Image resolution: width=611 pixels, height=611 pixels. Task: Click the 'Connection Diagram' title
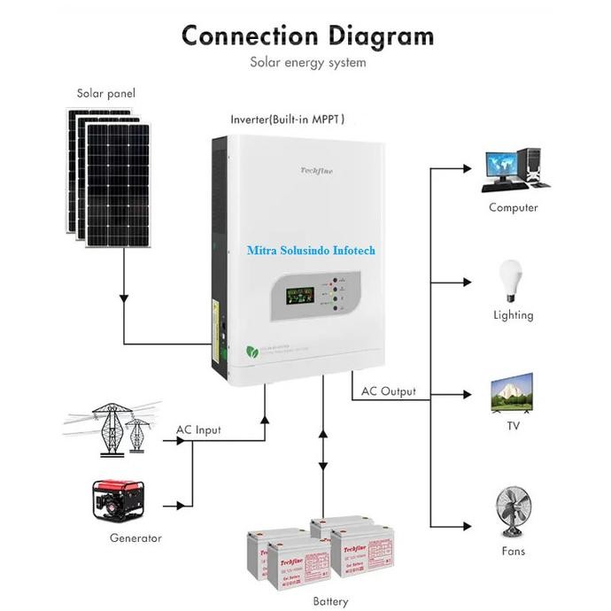(307, 35)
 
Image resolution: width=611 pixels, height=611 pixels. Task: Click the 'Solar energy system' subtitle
(307, 63)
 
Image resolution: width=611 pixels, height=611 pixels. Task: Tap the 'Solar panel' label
(106, 93)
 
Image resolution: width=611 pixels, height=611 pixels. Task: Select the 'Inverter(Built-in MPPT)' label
(288, 119)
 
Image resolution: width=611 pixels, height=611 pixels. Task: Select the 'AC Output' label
(388, 391)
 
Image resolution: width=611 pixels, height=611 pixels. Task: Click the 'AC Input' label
(198, 430)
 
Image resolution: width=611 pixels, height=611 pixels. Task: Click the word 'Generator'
(135, 538)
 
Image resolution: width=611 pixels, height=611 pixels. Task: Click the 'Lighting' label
(513, 315)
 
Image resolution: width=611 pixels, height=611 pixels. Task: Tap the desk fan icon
(513, 512)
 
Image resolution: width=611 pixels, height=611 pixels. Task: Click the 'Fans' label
(513, 551)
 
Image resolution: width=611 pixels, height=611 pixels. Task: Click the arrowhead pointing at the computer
(468, 166)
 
